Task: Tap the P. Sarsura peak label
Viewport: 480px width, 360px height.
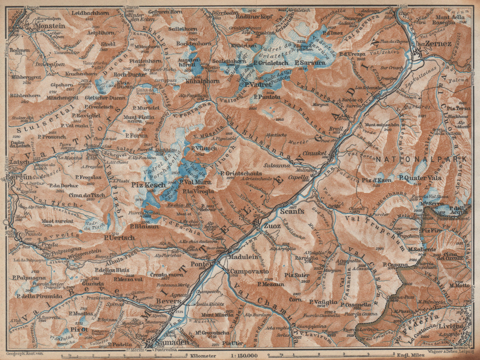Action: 310,63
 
